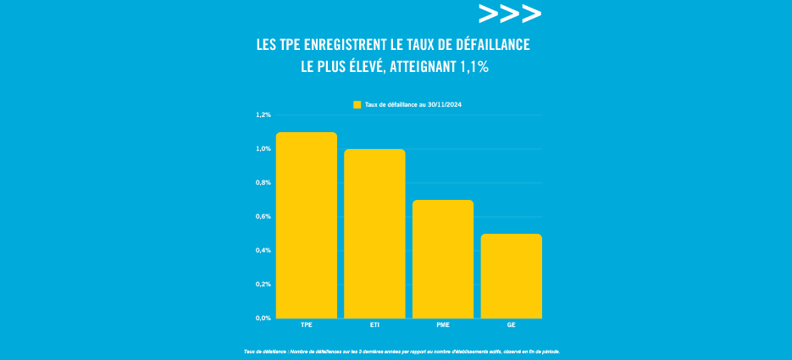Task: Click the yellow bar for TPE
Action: [307, 225]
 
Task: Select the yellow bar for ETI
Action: [374, 234]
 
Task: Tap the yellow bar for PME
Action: [443, 259]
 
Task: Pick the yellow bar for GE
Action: [511, 276]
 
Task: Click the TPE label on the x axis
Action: [307, 325]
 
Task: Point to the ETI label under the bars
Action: [374, 325]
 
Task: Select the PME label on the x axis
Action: [443, 325]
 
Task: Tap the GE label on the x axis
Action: [511, 325]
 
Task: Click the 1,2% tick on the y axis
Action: [263, 114]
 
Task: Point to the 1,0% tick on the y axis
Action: [263, 149]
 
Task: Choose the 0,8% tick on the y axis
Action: [263, 183]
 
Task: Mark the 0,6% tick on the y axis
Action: [263, 217]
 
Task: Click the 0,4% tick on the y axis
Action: [263, 251]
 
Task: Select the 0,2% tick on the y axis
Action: [263, 285]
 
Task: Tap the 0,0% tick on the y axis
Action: [263, 318]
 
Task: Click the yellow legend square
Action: [357, 104]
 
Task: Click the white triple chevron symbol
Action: [509, 14]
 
